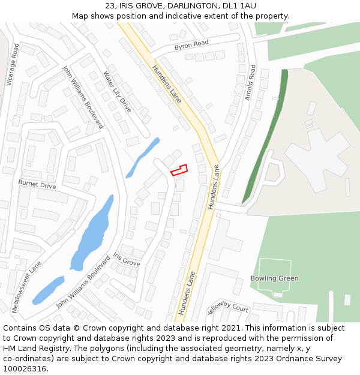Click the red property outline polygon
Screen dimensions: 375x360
point(179,170)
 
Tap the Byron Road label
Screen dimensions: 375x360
point(191,45)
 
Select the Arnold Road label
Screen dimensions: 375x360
point(250,82)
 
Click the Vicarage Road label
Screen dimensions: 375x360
point(13,64)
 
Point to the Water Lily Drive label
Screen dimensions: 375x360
point(117,92)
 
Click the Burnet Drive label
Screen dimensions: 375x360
point(37,184)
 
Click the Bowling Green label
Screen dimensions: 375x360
point(274,278)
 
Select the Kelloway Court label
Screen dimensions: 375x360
point(227,308)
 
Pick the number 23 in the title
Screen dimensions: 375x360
point(109,6)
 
